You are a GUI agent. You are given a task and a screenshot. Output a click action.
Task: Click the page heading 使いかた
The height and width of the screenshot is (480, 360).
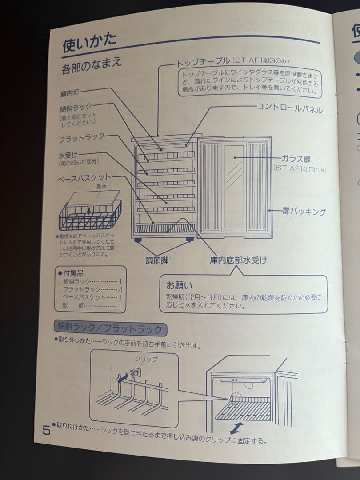tap(90, 44)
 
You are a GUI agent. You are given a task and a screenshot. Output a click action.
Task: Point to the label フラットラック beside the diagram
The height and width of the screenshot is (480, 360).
tap(82, 139)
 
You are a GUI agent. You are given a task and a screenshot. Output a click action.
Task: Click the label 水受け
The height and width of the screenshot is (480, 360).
tap(68, 156)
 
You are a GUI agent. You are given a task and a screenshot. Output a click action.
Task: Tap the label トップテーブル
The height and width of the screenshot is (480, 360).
tap(204, 60)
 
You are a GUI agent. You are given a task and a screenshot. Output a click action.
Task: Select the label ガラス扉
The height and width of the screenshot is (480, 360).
tap(297, 159)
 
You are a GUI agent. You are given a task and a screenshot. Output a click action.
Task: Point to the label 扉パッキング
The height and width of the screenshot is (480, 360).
tap(304, 212)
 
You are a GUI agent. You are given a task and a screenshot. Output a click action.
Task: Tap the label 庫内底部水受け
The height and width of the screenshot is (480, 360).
tap(238, 260)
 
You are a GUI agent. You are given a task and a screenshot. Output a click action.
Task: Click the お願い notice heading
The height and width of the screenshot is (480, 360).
tap(179, 284)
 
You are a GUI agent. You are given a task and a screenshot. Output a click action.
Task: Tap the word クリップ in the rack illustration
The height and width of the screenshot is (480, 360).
tap(146, 359)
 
